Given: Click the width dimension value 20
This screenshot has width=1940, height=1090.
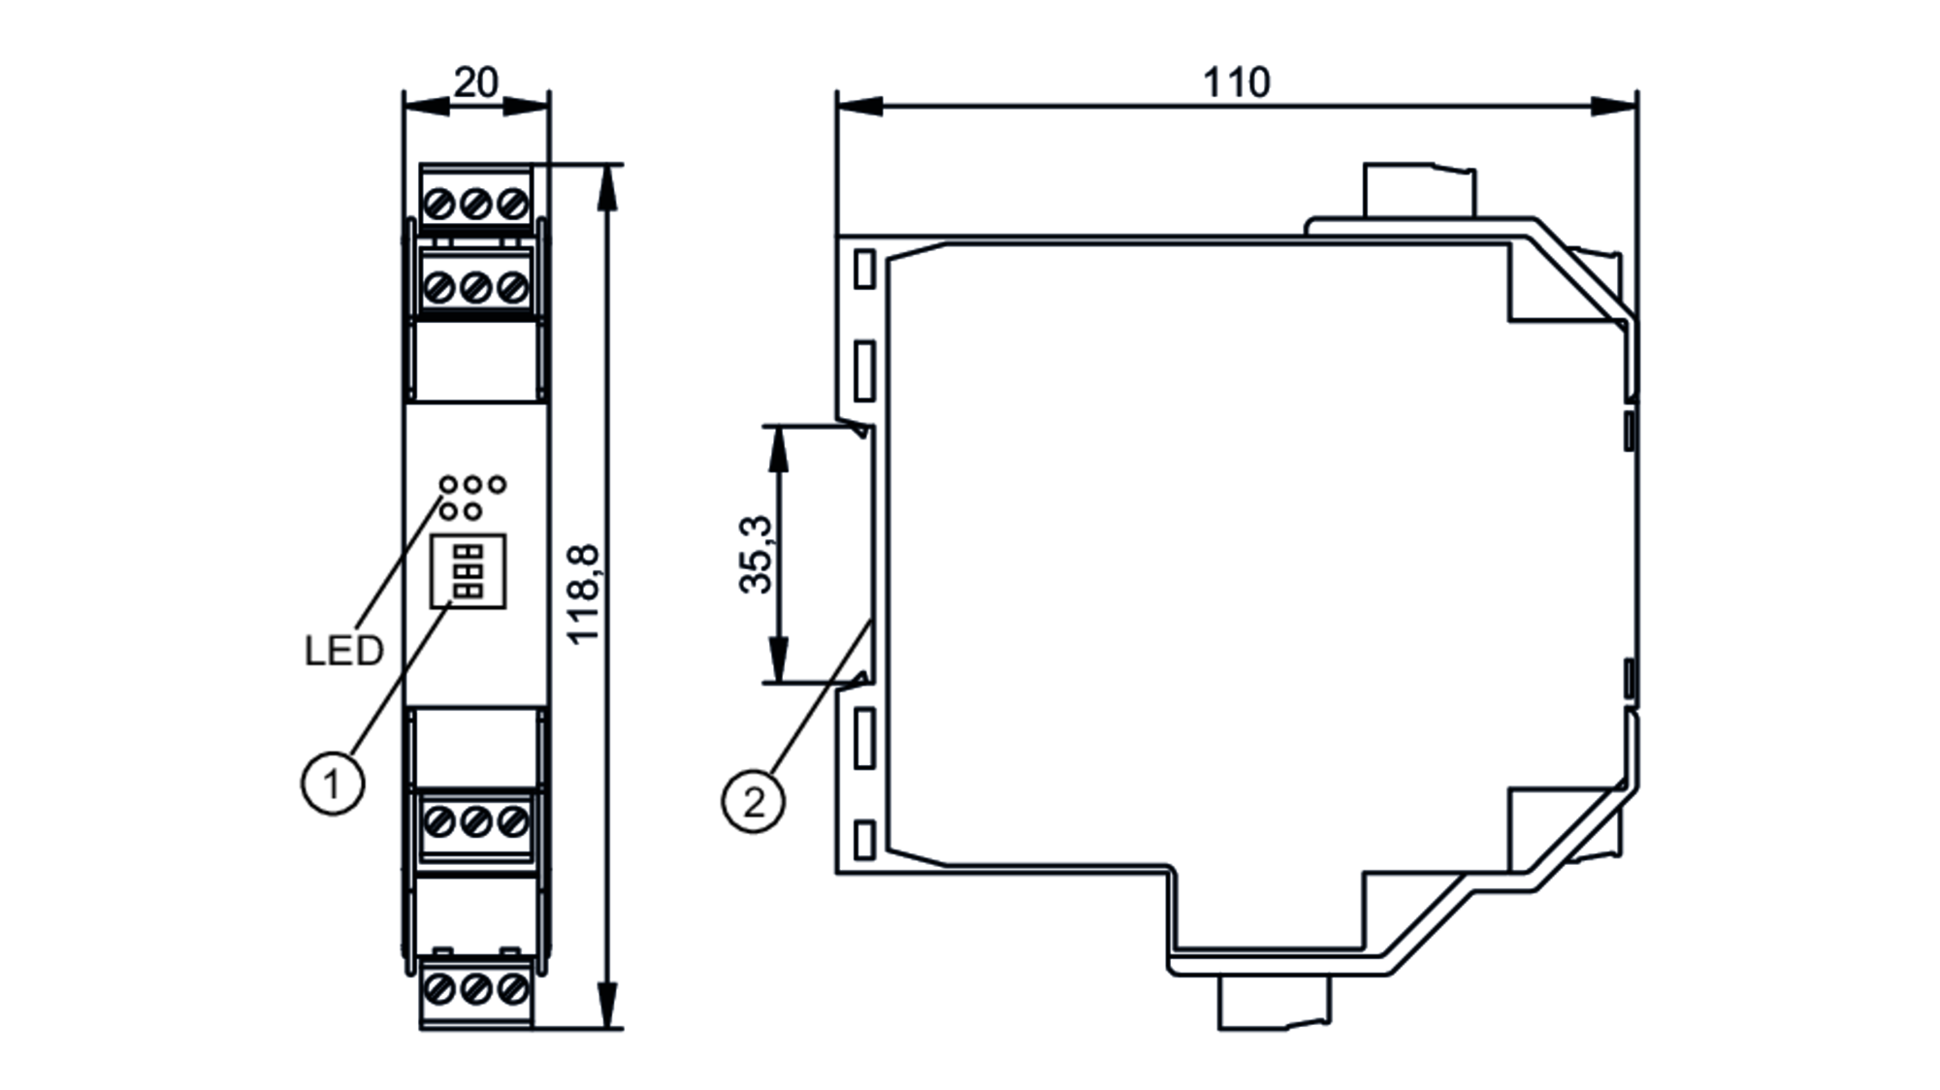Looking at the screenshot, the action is pos(475,82).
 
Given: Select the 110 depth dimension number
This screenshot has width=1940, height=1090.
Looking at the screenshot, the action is pos(1236,82).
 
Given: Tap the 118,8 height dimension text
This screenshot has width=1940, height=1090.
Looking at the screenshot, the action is pos(585,594).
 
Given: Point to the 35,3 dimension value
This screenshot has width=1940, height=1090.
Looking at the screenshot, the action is pos(757,554).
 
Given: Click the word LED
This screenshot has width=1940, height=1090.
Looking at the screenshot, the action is pos(343,651).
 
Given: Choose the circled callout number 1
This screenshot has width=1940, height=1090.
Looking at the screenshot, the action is pos(333,783).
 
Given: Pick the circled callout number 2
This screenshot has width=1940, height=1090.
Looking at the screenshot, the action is pos(754,801).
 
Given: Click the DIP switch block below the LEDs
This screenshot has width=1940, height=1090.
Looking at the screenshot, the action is pos(469,571).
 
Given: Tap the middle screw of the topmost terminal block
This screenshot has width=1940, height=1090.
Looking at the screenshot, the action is pos(475,205).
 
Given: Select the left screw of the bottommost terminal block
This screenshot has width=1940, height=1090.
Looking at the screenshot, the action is pos(440,989).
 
